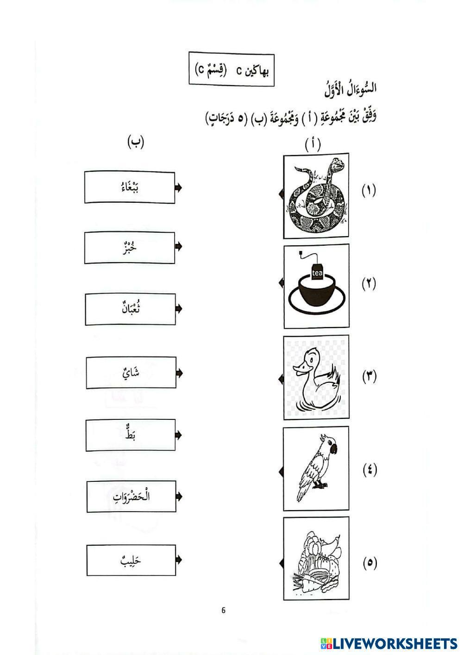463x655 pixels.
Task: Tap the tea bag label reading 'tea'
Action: click(317, 273)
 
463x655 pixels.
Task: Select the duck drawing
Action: click(317, 378)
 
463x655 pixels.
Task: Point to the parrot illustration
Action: click(317, 468)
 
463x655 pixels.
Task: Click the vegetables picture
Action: click(317, 559)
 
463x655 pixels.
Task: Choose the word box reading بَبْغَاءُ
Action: click(130, 187)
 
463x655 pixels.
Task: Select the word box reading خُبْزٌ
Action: click(130, 248)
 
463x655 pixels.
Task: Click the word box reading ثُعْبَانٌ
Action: click(130, 309)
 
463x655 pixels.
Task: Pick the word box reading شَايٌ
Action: click(131, 373)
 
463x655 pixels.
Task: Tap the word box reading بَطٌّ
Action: click(131, 435)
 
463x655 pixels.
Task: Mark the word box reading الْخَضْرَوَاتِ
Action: click(131, 496)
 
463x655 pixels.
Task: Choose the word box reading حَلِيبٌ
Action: click(131, 560)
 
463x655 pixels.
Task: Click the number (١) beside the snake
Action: click(369, 190)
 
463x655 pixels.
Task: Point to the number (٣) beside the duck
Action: click(369, 376)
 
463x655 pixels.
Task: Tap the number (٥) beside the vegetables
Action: click(369, 563)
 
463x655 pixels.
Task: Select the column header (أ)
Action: click(313, 144)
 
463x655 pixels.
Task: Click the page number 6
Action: click(224, 610)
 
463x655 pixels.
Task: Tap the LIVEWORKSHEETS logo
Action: click(388, 643)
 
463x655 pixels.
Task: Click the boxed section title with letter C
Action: click(231, 69)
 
